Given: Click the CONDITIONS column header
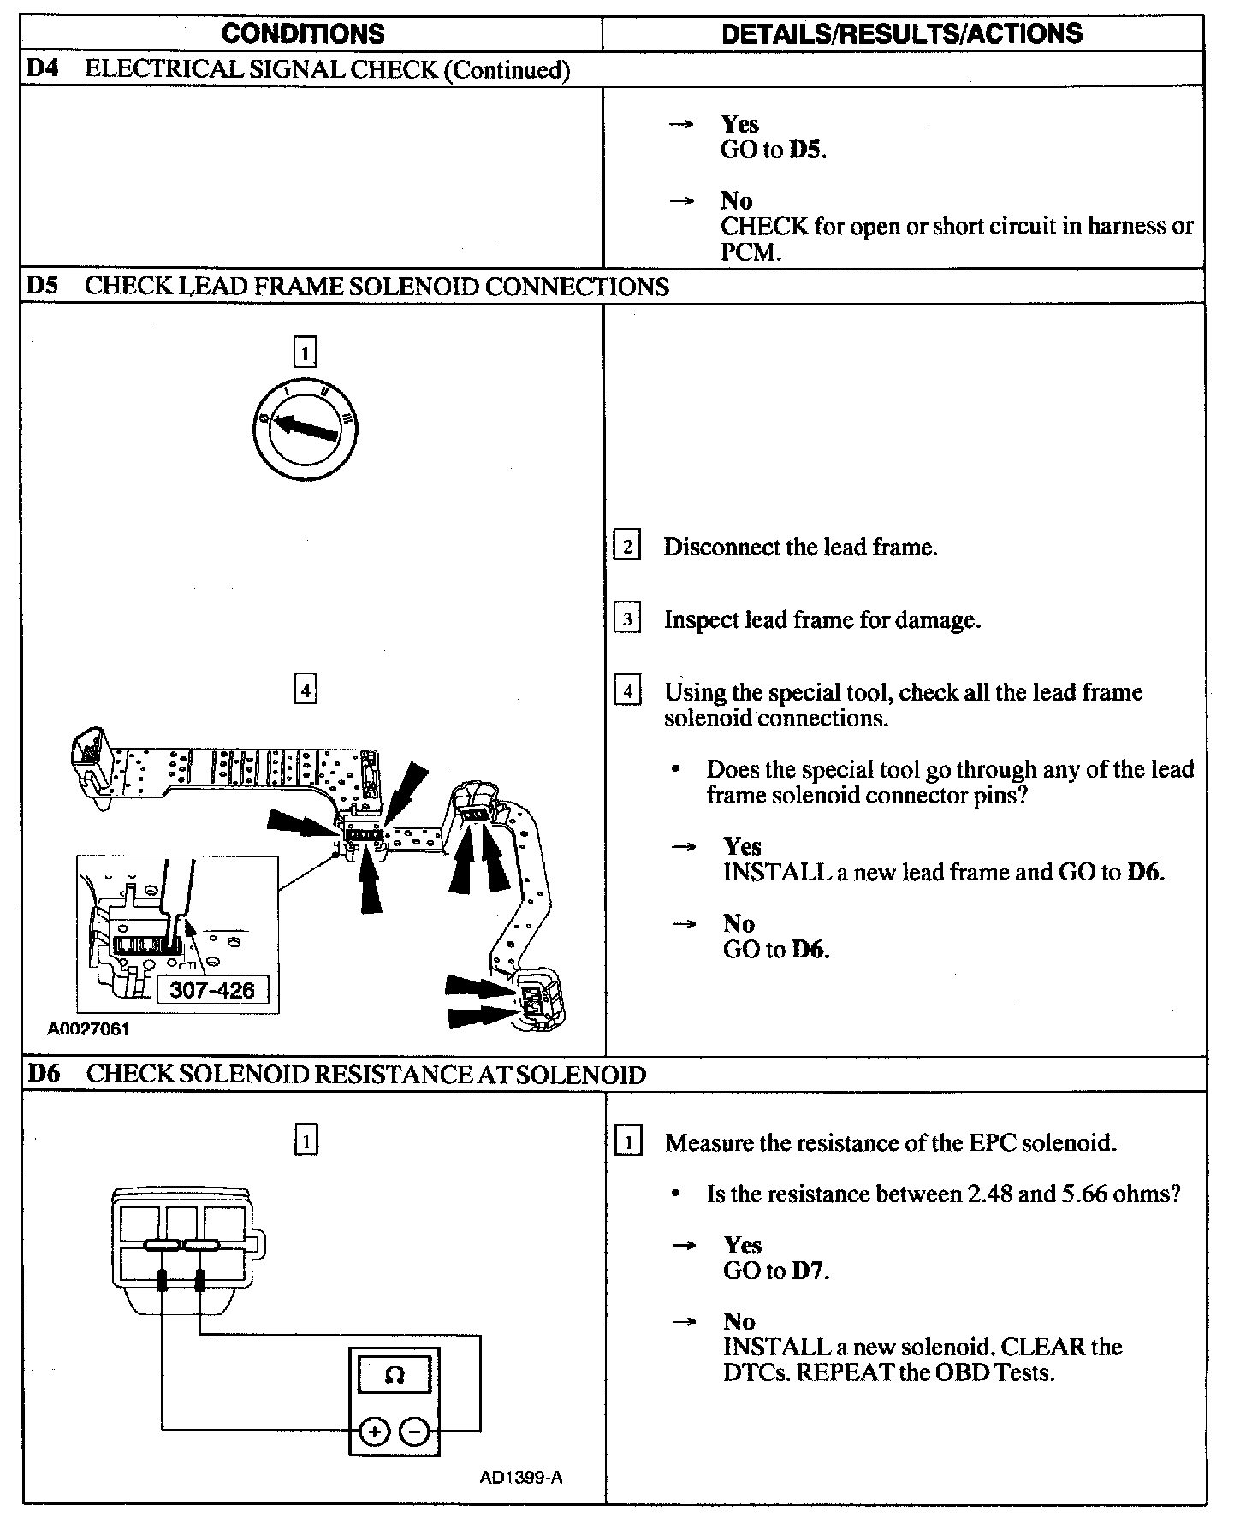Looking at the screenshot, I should click(303, 34).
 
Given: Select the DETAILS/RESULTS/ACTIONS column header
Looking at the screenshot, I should click(902, 34).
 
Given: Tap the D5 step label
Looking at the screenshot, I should click(42, 286).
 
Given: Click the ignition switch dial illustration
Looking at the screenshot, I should click(305, 425).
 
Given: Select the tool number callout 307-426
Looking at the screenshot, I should click(212, 990).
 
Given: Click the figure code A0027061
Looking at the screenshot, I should click(88, 1029).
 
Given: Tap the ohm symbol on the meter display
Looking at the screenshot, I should click(395, 1375).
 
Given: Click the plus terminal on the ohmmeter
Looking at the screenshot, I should click(373, 1431).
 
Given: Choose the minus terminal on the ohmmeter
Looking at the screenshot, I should click(414, 1431).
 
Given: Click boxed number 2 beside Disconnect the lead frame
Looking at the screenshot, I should click(627, 547).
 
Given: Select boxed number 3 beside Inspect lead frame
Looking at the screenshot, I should click(627, 619).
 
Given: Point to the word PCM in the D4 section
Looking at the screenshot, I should click(749, 252).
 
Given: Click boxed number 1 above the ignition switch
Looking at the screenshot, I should click(305, 353).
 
